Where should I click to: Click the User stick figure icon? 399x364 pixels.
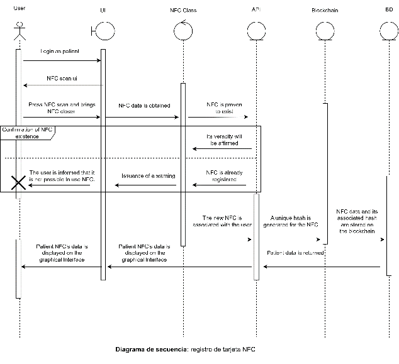(20, 32)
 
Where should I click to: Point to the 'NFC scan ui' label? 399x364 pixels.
(62, 78)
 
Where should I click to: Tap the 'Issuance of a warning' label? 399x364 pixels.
(149, 176)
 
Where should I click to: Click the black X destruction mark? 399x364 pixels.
(19, 183)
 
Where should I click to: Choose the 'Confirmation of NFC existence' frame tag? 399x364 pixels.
(29, 133)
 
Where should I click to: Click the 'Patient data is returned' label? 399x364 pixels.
(295, 252)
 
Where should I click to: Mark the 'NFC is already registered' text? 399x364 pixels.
(225, 176)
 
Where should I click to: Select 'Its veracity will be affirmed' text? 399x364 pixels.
(225, 140)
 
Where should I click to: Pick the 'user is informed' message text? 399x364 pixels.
(62, 176)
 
